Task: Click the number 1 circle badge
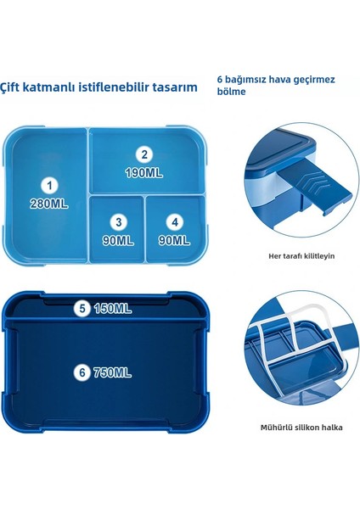(50, 185)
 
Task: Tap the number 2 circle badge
(145, 154)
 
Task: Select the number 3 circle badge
(119, 221)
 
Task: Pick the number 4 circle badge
(175, 222)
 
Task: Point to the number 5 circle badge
(82, 309)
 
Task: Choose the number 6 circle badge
(82, 372)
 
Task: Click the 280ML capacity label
(50, 203)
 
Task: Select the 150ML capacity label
(113, 309)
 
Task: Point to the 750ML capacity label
(114, 372)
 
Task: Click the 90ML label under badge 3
(120, 240)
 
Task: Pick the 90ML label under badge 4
(175, 240)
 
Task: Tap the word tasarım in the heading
(177, 87)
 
